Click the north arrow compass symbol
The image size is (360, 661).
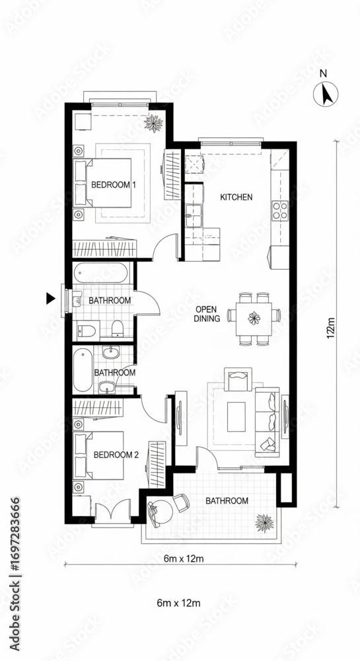pyautogui.click(x=326, y=94)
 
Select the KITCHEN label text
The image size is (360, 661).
pyautogui.click(x=236, y=197)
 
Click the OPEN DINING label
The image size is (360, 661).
pyautogui.click(x=207, y=314)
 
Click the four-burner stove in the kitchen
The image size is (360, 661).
pyautogui.click(x=280, y=211)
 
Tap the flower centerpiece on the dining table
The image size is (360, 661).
pyautogui.click(x=254, y=319)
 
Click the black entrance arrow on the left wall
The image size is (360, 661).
pyautogui.click(x=51, y=299)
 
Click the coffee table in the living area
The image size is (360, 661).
pyautogui.click(x=236, y=417)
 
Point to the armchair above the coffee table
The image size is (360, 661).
pyautogui.click(x=238, y=379)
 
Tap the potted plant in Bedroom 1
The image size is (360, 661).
pyautogui.click(x=154, y=123)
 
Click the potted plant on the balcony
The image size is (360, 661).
pyautogui.click(x=264, y=523)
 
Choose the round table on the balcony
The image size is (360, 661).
pyautogui.click(x=162, y=510)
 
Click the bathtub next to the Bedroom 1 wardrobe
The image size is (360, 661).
pyautogui.click(x=100, y=274)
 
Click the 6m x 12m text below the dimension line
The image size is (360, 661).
pyautogui.click(x=178, y=603)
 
